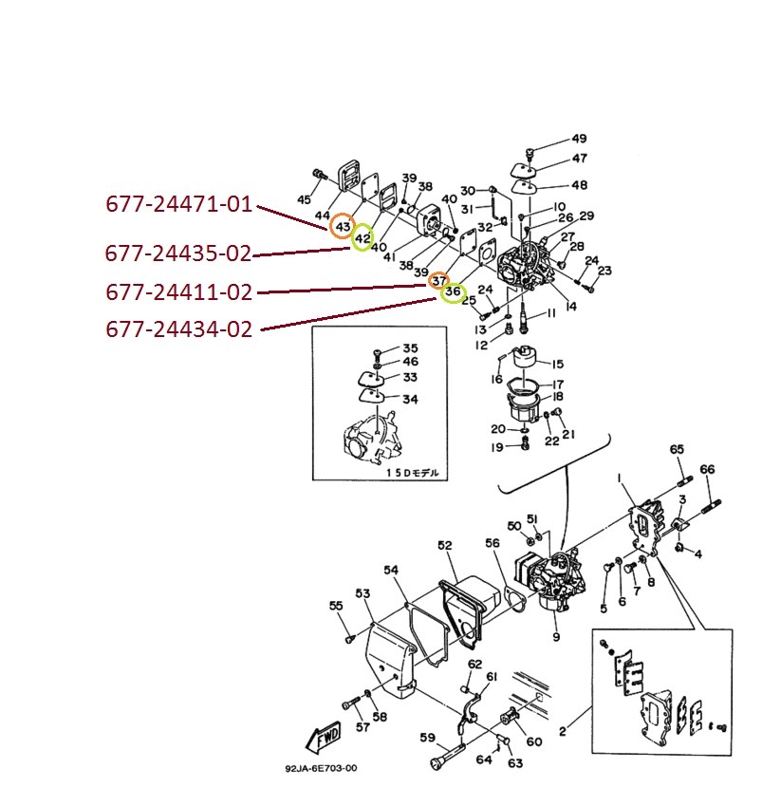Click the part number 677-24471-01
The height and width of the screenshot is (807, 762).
[x=179, y=204]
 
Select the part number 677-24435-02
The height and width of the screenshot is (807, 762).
[x=178, y=254]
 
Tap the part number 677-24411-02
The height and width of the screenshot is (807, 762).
[x=179, y=292]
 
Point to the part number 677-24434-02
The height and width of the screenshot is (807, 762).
[x=179, y=330]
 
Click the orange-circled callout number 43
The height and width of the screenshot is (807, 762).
[x=343, y=227]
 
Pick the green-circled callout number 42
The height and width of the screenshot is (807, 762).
[x=362, y=237]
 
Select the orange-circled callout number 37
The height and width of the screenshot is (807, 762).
[x=438, y=280]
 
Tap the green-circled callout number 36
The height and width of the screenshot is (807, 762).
[x=454, y=291]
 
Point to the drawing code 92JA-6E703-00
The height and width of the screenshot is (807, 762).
[x=321, y=770]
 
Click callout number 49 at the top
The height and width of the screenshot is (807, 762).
[x=579, y=139]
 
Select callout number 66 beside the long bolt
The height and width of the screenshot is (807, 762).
[x=707, y=469]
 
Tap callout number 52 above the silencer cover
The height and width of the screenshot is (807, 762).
[x=445, y=545]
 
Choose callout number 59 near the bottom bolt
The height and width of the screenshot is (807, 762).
[x=427, y=738]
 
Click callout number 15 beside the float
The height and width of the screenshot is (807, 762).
[x=558, y=364]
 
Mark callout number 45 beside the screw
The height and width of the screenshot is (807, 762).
[x=304, y=200]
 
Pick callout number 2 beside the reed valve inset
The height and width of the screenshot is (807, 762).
[x=562, y=732]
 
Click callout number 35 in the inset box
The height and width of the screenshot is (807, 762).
[x=410, y=348]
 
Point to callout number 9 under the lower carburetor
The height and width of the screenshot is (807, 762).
[x=556, y=635]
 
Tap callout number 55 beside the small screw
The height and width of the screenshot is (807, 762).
[x=336, y=606]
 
